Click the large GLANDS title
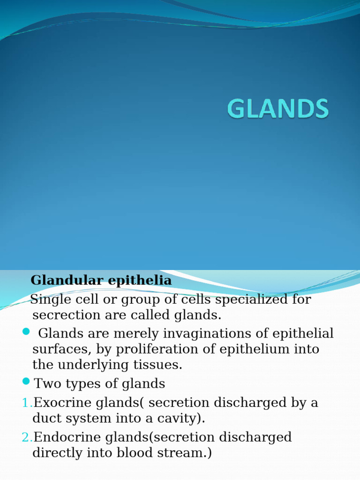278,110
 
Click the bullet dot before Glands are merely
26,332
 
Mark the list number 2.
26,438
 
